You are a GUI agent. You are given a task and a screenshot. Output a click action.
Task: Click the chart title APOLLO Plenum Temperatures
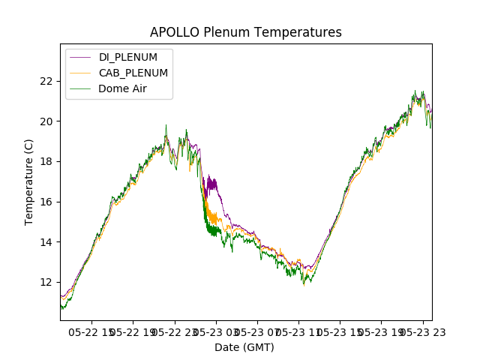click(246, 32)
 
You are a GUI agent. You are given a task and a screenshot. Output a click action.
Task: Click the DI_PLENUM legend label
click(128, 58)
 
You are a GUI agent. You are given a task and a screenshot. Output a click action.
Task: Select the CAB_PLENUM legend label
click(133, 73)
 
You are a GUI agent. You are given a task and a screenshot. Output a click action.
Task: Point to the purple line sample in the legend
click(81, 58)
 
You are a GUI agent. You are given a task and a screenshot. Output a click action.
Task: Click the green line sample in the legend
click(81, 88)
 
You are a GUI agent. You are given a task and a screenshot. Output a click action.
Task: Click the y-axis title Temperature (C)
click(29, 182)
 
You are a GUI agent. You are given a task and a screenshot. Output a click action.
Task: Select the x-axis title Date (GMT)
click(244, 347)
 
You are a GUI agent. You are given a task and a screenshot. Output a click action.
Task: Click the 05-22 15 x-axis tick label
click(92, 331)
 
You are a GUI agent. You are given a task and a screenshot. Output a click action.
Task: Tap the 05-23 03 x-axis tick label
click(216, 331)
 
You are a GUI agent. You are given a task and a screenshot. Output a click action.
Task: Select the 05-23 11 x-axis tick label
click(298, 331)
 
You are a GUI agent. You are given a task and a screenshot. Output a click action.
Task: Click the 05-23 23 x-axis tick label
click(422, 331)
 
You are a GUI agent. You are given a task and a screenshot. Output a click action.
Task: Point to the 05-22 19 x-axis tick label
click(133, 331)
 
